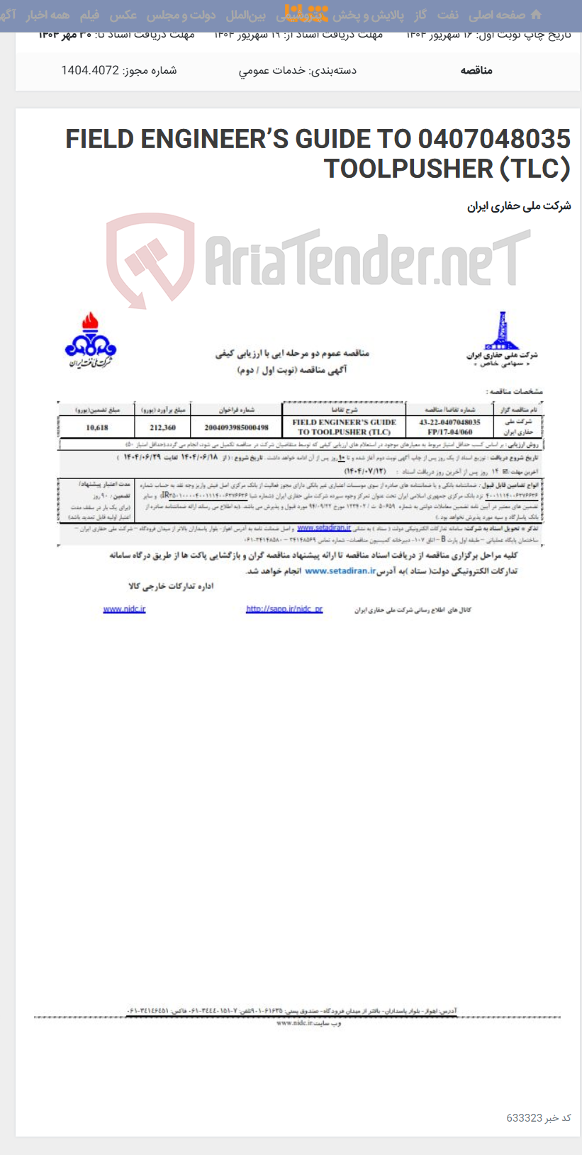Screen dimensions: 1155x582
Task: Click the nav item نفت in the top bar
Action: [x=447, y=15]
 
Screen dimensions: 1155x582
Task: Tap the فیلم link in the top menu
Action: [x=90, y=15]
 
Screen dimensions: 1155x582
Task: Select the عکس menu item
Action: [x=123, y=15]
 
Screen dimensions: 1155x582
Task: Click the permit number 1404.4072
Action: [x=90, y=70]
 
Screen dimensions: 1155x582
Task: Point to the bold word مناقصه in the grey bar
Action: [x=476, y=70]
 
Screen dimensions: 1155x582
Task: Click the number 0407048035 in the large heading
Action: [x=494, y=139]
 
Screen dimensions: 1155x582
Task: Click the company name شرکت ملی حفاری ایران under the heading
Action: [x=519, y=206]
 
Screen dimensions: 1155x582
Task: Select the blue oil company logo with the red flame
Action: [x=91, y=339]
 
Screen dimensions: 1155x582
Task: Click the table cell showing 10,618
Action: [x=97, y=427]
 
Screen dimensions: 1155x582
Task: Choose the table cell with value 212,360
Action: [x=162, y=427]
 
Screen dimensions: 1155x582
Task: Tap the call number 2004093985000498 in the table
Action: [x=236, y=427]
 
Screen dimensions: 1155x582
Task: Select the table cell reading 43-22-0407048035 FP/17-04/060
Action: [x=449, y=427]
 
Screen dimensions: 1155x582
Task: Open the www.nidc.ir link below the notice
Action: [x=124, y=609]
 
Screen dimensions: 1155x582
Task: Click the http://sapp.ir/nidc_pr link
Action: [x=284, y=609]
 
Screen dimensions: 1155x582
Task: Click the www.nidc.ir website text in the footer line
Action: [x=294, y=1022]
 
